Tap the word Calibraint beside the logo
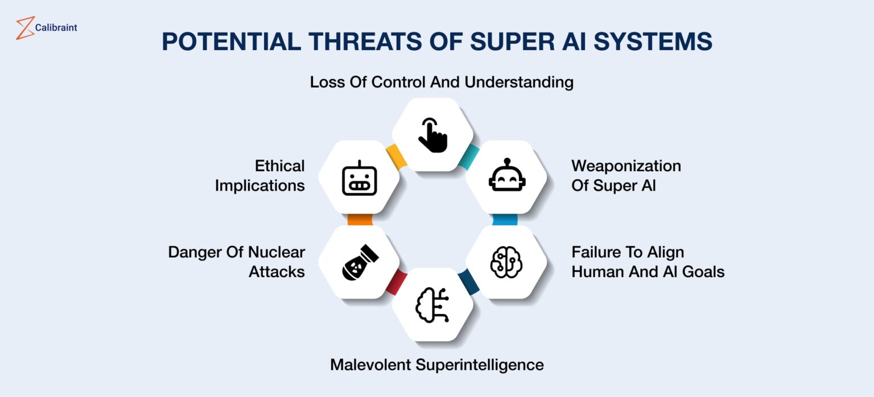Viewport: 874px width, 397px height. click(56, 28)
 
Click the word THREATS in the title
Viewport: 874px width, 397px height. click(365, 42)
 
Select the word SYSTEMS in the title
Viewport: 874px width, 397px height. click(653, 42)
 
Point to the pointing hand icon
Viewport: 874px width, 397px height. click(432, 135)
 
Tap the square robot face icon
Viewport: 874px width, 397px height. click(360, 178)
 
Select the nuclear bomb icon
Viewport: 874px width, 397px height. click(360, 262)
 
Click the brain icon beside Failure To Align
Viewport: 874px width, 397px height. click(506, 262)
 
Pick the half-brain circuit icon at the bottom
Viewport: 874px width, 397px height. click(432, 305)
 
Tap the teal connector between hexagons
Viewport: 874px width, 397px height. click(469, 156)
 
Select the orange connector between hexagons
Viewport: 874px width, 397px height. click(360, 220)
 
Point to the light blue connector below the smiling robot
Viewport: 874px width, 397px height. click(505, 220)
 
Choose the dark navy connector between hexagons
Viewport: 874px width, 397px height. click(469, 282)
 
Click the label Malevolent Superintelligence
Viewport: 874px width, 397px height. click(437, 365)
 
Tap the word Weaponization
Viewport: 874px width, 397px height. click(626, 166)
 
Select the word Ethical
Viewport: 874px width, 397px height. click(280, 166)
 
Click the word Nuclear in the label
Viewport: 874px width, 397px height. click(277, 252)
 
